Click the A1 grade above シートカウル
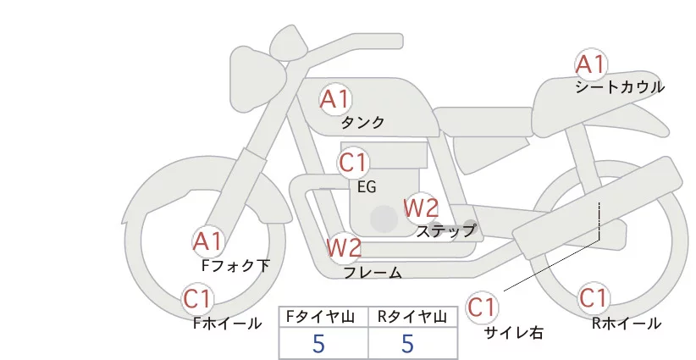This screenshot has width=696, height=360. point(591,64)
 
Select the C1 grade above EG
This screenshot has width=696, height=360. point(354,162)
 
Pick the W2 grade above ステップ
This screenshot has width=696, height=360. point(421,207)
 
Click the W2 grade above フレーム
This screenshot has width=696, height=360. point(345,247)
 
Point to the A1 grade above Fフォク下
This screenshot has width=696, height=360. point(207,242)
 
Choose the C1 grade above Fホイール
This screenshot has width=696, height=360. point(199,298)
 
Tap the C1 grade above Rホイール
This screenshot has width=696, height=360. point(593,299)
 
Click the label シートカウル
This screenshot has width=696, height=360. point(620,87)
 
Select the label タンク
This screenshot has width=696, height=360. point(362,123)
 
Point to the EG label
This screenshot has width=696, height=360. point(367,186)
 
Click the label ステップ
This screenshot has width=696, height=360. point(446,230)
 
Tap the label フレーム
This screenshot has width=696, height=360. point(373,273)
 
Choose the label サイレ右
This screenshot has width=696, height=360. point(513,332)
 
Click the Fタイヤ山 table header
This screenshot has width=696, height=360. point(323,317)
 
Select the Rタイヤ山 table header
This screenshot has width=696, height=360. point(413,317)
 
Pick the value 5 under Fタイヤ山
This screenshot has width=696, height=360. point(318,344)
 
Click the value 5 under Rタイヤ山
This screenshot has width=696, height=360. point(407,344)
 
